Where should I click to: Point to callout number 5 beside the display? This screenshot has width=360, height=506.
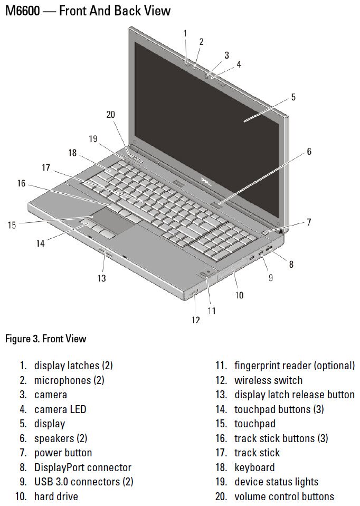click(x=293, y=97)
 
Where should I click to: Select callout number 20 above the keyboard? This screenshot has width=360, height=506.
click(x=110, y=115)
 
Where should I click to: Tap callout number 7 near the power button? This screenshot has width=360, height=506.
click(x=309, y=222)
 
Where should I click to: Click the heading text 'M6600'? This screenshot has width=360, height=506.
click(x=22, y=11)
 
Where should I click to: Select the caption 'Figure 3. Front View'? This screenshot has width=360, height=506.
click(x=45, y=339)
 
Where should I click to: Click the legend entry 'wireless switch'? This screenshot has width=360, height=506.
click(x=268, y=380)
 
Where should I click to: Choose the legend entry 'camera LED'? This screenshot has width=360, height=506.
click(x=60, y=409)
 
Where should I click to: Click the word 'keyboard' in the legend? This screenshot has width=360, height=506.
click(x=254, y=467)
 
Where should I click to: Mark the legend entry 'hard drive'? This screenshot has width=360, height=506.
click(x=56, y=496)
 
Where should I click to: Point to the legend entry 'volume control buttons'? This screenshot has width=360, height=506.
click(x=284, y=496)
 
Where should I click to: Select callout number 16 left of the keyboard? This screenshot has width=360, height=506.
click(x=21, y=184)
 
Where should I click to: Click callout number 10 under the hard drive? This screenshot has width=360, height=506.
click(x=239, y=295)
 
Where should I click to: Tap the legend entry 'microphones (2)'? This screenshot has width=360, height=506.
click(x=69, y=380)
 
